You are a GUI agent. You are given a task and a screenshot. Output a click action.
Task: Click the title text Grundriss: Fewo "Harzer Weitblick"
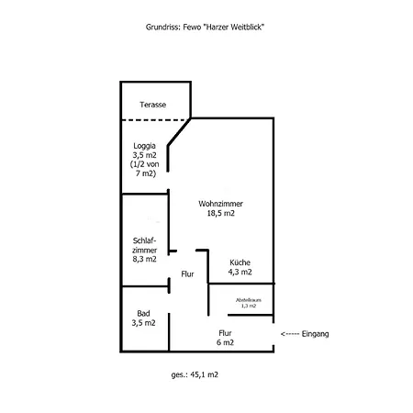tap(206, 28)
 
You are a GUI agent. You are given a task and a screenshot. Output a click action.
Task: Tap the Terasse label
tap(152, 105)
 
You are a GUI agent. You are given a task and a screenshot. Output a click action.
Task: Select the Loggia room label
tap(144, 145)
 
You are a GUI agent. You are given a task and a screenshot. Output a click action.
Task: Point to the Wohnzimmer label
tap(221, 203)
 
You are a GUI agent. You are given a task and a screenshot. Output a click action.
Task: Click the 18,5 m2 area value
tap(221, 213)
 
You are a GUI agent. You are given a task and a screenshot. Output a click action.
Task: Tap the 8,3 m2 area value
tap(145, 260)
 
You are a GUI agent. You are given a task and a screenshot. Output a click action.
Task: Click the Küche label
tap(240, 262)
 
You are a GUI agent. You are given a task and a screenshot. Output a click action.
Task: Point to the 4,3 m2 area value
tap(240, 272)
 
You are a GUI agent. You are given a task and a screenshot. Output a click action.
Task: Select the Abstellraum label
tap(249, 299)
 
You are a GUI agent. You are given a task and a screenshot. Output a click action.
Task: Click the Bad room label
tap(143, 313)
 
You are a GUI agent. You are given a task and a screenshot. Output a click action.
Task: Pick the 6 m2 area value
tap(225, 342)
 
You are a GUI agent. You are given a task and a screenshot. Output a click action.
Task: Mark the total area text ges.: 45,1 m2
tap(194, 375)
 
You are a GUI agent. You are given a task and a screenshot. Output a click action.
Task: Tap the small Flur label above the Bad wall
tap(188, 273)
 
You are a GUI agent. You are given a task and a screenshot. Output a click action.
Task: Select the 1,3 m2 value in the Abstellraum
tap(249, 306)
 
